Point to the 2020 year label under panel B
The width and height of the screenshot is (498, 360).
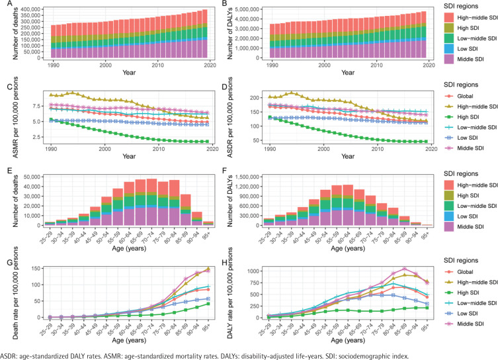click(429, 67)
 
